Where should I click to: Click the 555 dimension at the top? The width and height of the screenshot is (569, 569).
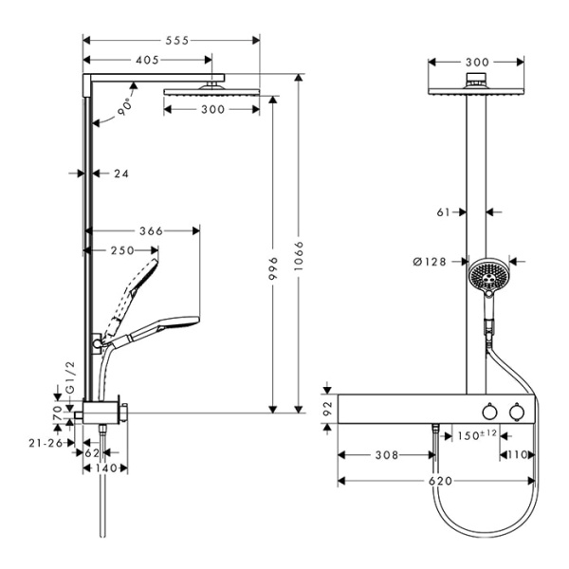tap(172, 40)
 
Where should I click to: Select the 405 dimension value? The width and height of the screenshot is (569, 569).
tap(147, 60)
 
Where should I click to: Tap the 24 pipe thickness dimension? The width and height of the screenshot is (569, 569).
tap(120, 174)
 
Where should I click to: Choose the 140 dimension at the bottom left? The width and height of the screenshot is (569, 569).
tap(106, 468)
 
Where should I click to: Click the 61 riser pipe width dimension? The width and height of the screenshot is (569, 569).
tap(443, 213)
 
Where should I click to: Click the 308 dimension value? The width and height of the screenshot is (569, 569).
tap(386, 456)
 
